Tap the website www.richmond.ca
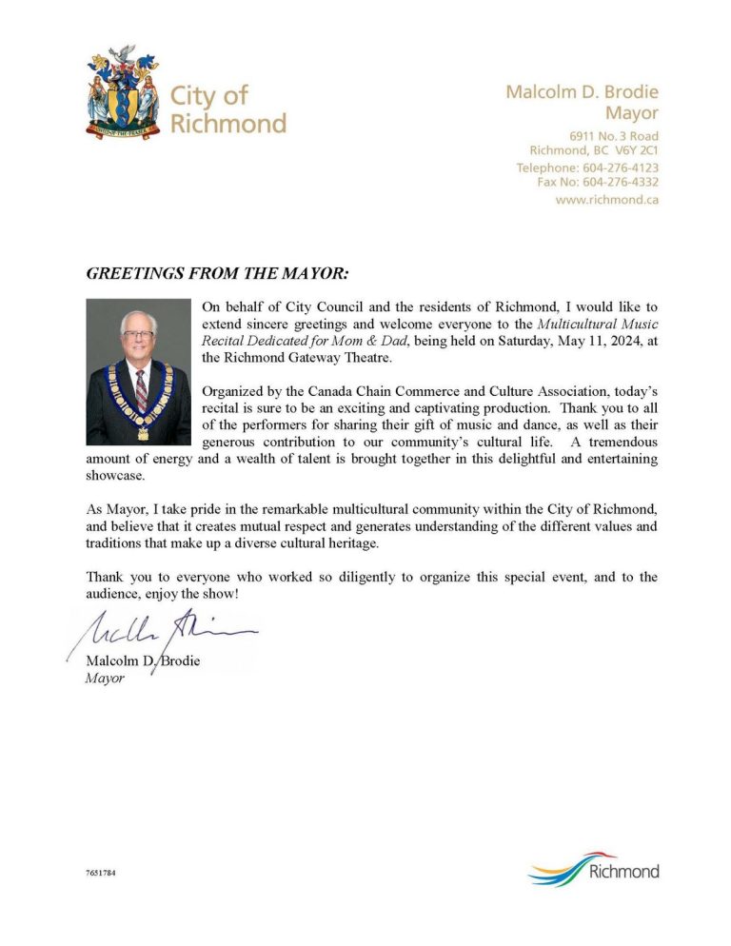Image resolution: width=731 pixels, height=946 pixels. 606,200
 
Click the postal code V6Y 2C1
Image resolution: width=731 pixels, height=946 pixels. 635,150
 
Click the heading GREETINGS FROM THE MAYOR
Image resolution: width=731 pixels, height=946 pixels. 218,274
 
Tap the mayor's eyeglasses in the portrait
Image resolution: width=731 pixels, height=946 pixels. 138,335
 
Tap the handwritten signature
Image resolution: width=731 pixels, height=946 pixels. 162,631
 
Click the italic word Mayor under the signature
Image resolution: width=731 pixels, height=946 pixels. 105,680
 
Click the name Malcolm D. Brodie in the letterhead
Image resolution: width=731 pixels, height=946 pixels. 582,92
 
